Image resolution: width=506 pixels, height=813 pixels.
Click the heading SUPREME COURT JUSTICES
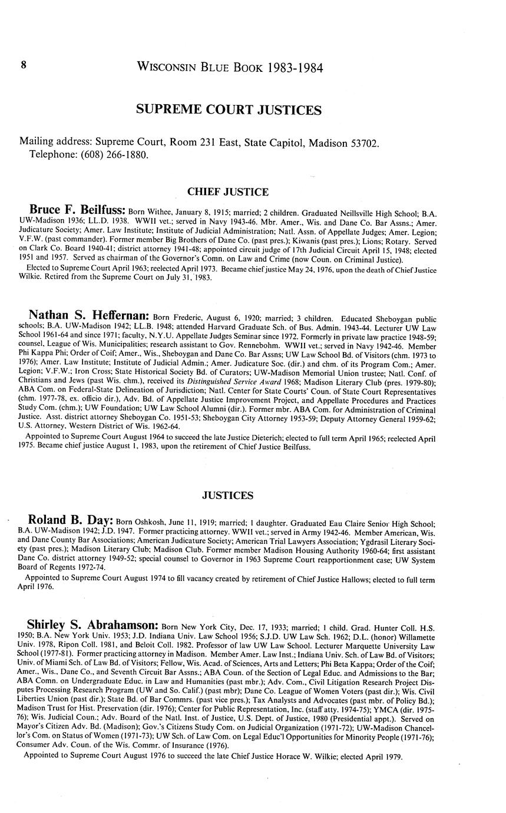(x=229, y=110)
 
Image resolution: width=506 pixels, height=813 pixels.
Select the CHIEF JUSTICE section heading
(x=227, y=192)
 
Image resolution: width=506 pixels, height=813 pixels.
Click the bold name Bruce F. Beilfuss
(x=77, y=210)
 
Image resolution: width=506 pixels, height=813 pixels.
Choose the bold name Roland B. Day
(x=70, y=521)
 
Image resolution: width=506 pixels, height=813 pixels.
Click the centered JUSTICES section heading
(x=227, y=496)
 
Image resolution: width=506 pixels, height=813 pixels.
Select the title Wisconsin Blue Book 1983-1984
(x=229, y=67)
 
